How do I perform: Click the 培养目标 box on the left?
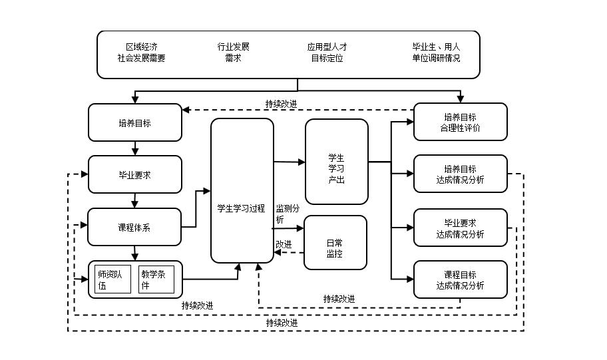[x=134, y=122]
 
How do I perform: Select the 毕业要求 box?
[x=134, y=175]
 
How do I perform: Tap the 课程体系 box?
[x=134, y=228]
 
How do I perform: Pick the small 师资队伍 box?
[x=112, y=279]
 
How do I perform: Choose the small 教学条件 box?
[x=156, y=279]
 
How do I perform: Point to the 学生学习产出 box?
[x=336, y=162]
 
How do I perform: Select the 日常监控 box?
[x=335, y=242]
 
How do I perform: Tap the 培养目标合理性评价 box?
[x=460, y=122]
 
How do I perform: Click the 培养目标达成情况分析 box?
[x=460, y=174]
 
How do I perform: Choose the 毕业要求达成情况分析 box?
[x=460, y=228]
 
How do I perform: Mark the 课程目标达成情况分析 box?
[x=460, y=280]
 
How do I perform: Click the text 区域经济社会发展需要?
[x=142, y=53]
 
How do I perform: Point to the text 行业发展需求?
[x=233, y=53]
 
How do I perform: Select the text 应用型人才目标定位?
[x=327, y=53]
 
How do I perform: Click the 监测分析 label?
[x=288, y=214]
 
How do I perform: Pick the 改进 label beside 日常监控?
[x=284, y=244]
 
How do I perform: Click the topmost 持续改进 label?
[x=281, y=104]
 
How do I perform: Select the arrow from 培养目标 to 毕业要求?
[x=135, y=148]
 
